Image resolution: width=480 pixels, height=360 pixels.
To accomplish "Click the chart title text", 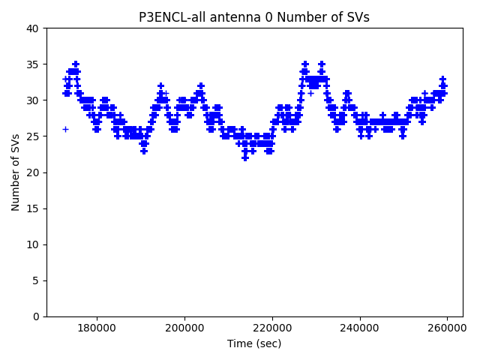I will (x=254, y=17).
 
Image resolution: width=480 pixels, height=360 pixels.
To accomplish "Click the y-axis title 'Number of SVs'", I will (x=16, y=172).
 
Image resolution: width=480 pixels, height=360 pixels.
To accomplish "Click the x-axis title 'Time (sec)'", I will (x=254, y=343).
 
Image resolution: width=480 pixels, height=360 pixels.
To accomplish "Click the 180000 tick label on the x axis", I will (x=97, y=328).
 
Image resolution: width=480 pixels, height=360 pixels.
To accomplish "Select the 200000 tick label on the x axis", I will (x=184, y=328).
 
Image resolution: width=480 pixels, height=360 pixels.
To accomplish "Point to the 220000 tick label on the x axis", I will (x=272, y=328).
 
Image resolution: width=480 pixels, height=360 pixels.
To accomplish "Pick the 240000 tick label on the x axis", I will (x=360, y=328).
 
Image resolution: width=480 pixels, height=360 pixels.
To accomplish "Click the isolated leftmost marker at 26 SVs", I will (x=65, y=129).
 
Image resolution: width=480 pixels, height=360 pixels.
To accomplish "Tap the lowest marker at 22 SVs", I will (x=245, y=157).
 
